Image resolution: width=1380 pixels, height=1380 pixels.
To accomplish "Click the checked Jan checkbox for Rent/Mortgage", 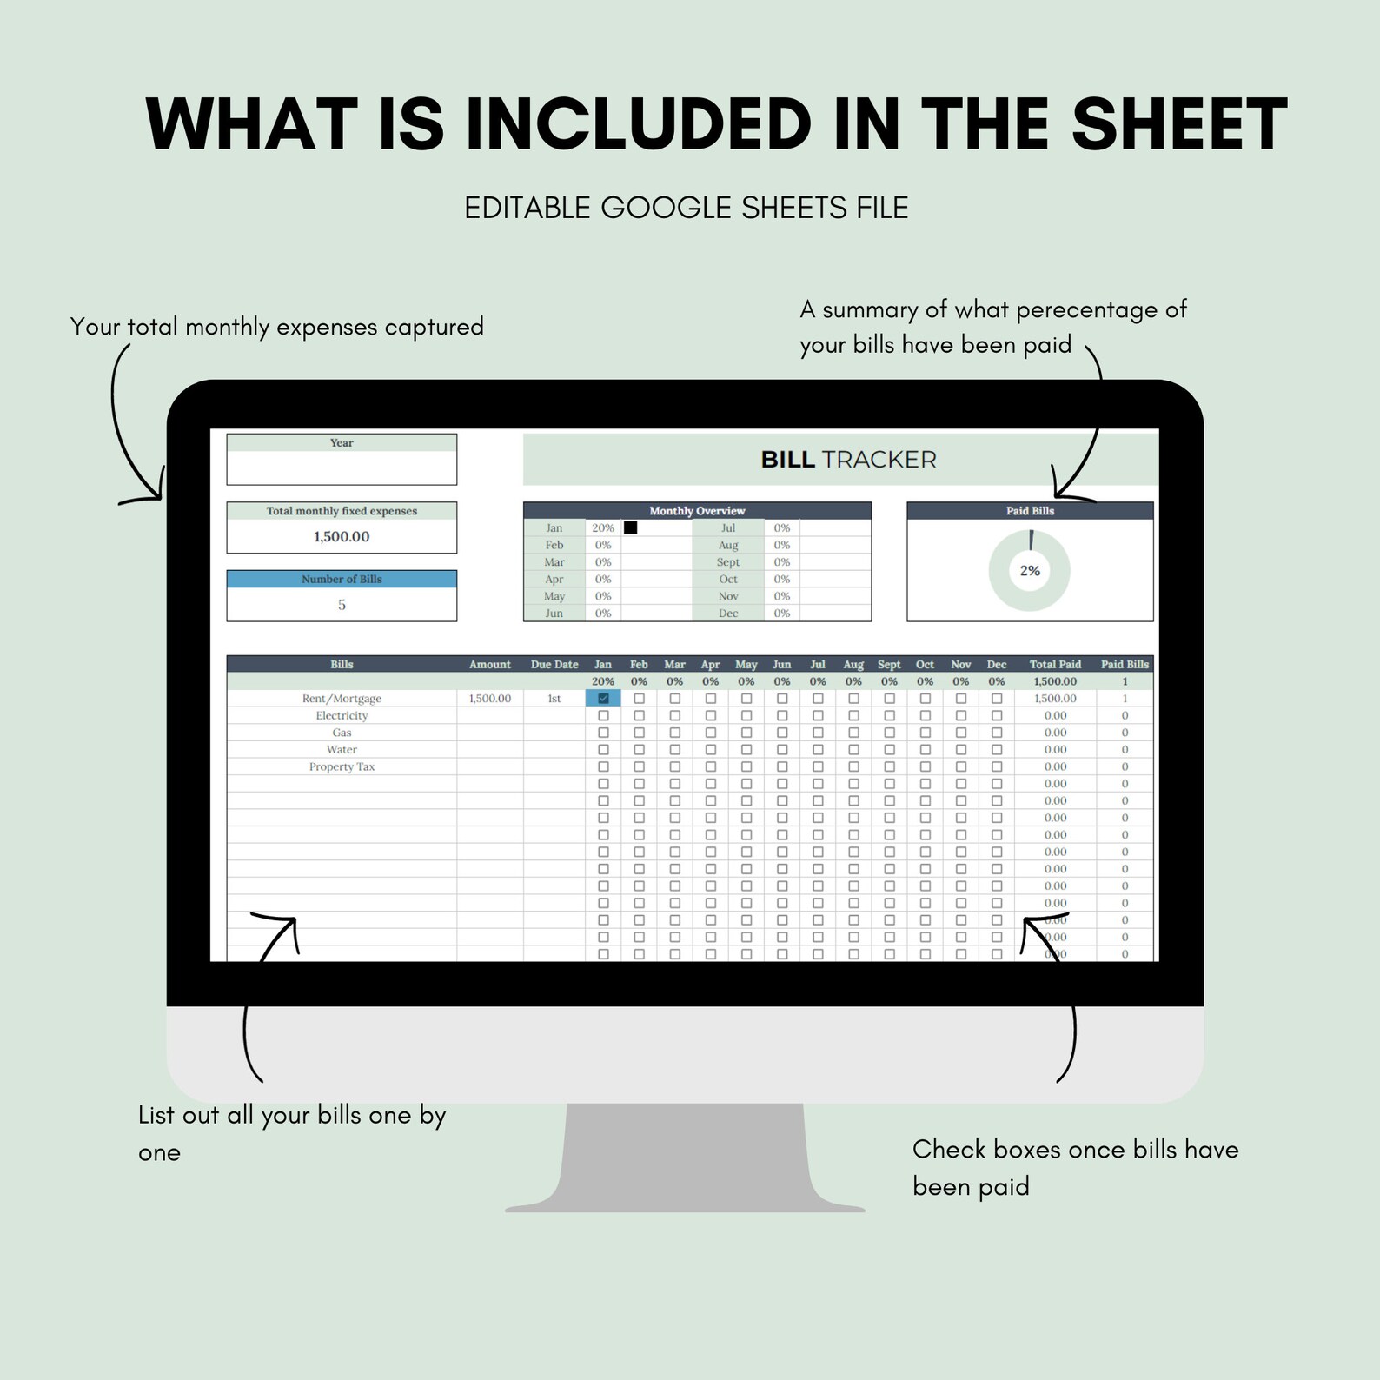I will [603, 698].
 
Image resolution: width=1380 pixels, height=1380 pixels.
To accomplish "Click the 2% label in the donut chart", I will [1030, 571].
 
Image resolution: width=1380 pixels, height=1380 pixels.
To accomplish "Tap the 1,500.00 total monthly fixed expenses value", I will [342, 536].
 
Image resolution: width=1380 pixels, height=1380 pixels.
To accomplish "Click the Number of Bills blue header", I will [342, 579].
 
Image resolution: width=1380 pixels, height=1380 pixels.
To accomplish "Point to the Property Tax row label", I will [342, 766].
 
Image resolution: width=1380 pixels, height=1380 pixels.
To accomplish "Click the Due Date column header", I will [554, 664].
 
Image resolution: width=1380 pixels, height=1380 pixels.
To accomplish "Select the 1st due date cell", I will [554, 699].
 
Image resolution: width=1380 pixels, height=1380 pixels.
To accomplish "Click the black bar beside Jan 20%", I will [630, 527].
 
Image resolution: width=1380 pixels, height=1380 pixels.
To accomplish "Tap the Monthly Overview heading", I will [697, 511].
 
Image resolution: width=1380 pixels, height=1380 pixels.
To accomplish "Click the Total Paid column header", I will [1055, 664].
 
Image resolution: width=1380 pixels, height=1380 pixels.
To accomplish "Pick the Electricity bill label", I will [342, 715].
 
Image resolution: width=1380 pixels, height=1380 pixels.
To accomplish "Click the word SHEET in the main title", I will [1178, 124].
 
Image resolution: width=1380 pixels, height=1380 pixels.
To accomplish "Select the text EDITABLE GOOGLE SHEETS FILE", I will [686, 209].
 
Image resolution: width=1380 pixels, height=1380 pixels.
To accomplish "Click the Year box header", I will [342, 443].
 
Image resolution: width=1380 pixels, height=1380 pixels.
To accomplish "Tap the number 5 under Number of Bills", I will [342, 605].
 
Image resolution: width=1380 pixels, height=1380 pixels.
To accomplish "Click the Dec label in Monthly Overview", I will [727, 613].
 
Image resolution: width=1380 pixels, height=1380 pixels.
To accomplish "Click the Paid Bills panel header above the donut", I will [1030, 511].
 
